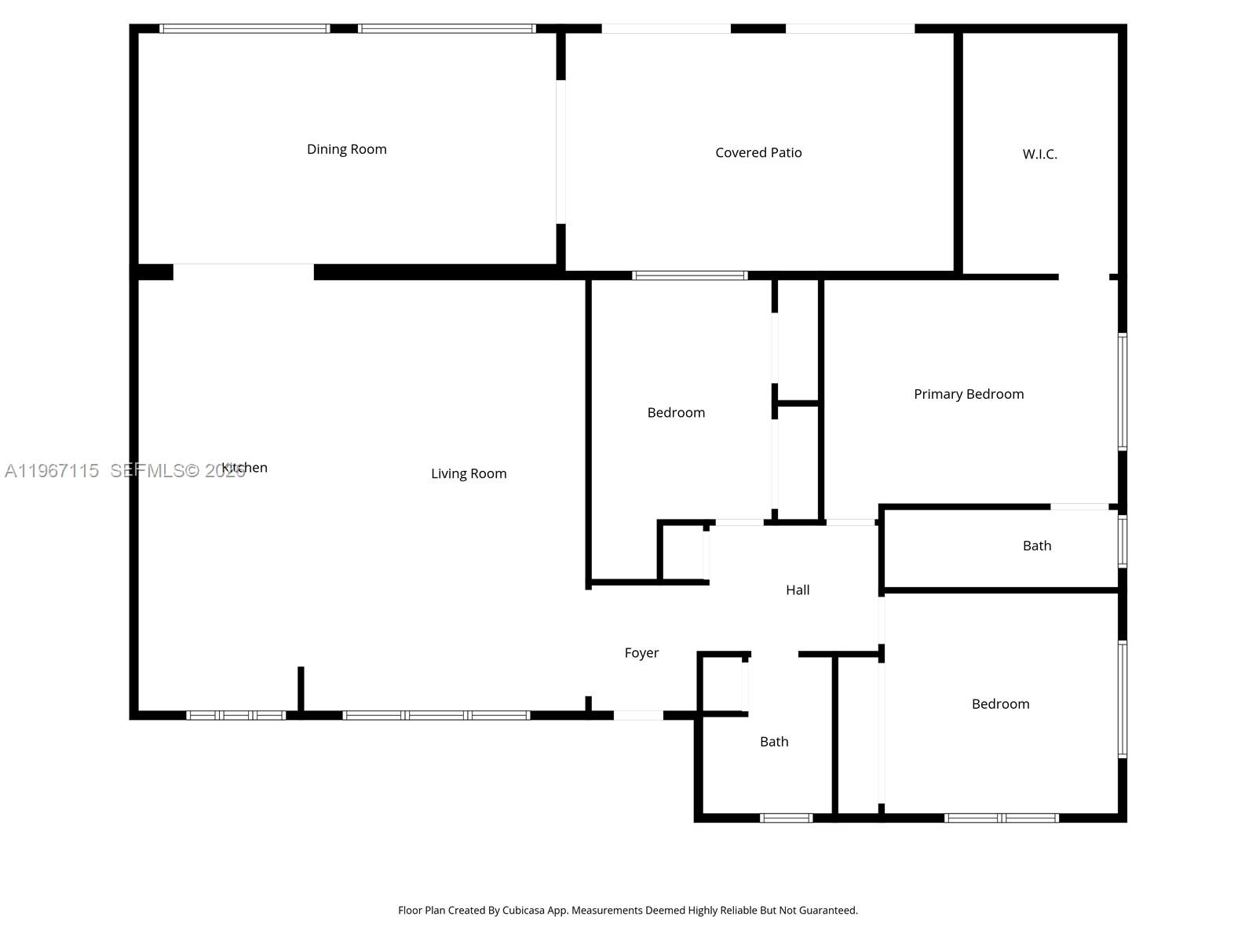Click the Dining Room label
click(346, 149)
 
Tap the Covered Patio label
click(758, 153)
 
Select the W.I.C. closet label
click(1039, 155)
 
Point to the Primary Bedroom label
click(969, 394)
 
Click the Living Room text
click(469, 473)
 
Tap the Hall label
click(798, 590)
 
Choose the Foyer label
click(641, 653)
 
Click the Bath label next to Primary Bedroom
click(1036, 546)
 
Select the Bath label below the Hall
click(774, 742)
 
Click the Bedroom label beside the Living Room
click(676, 413)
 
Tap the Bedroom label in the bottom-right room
click(1000, 704)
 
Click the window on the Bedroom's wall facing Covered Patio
click(690, 276)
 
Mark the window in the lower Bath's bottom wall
click(786, 818)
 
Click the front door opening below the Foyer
click(638, 715)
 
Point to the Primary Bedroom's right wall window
click(1123, 392)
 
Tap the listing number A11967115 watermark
click(52, 471)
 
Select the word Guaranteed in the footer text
click(829, 911)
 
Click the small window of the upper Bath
click(1123, 541)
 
